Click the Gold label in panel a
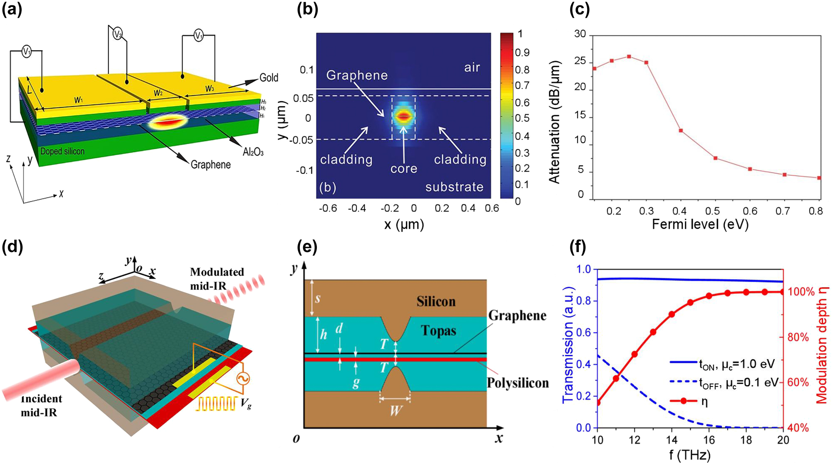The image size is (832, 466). [x=269, y=77]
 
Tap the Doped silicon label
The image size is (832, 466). [x=62, y=151]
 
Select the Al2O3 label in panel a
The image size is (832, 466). [x=253, y=152]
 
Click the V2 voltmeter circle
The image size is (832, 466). [x=118, y=34]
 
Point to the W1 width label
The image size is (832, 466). [x=78, y=100]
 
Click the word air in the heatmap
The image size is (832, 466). [x=472, y=67]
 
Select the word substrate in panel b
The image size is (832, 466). [x=454, y=187]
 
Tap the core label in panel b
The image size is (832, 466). [x=403, y=169]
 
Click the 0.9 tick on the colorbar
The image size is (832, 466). [x=522, y=53]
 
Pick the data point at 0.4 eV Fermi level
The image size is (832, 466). [x=681, y=131]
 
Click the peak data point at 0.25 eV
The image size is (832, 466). [x=629, y=57]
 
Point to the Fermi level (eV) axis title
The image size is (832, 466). [x=700, y=225]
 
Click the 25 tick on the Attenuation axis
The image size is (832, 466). [x=580, y=62]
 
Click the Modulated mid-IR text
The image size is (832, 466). [x=217, y=278]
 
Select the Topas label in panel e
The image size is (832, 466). [x=438, y=331]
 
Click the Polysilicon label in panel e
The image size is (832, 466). [x=518, y=383]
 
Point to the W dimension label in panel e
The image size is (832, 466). [x=395, y=411]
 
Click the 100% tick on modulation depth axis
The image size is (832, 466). [x=801, y=292]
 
